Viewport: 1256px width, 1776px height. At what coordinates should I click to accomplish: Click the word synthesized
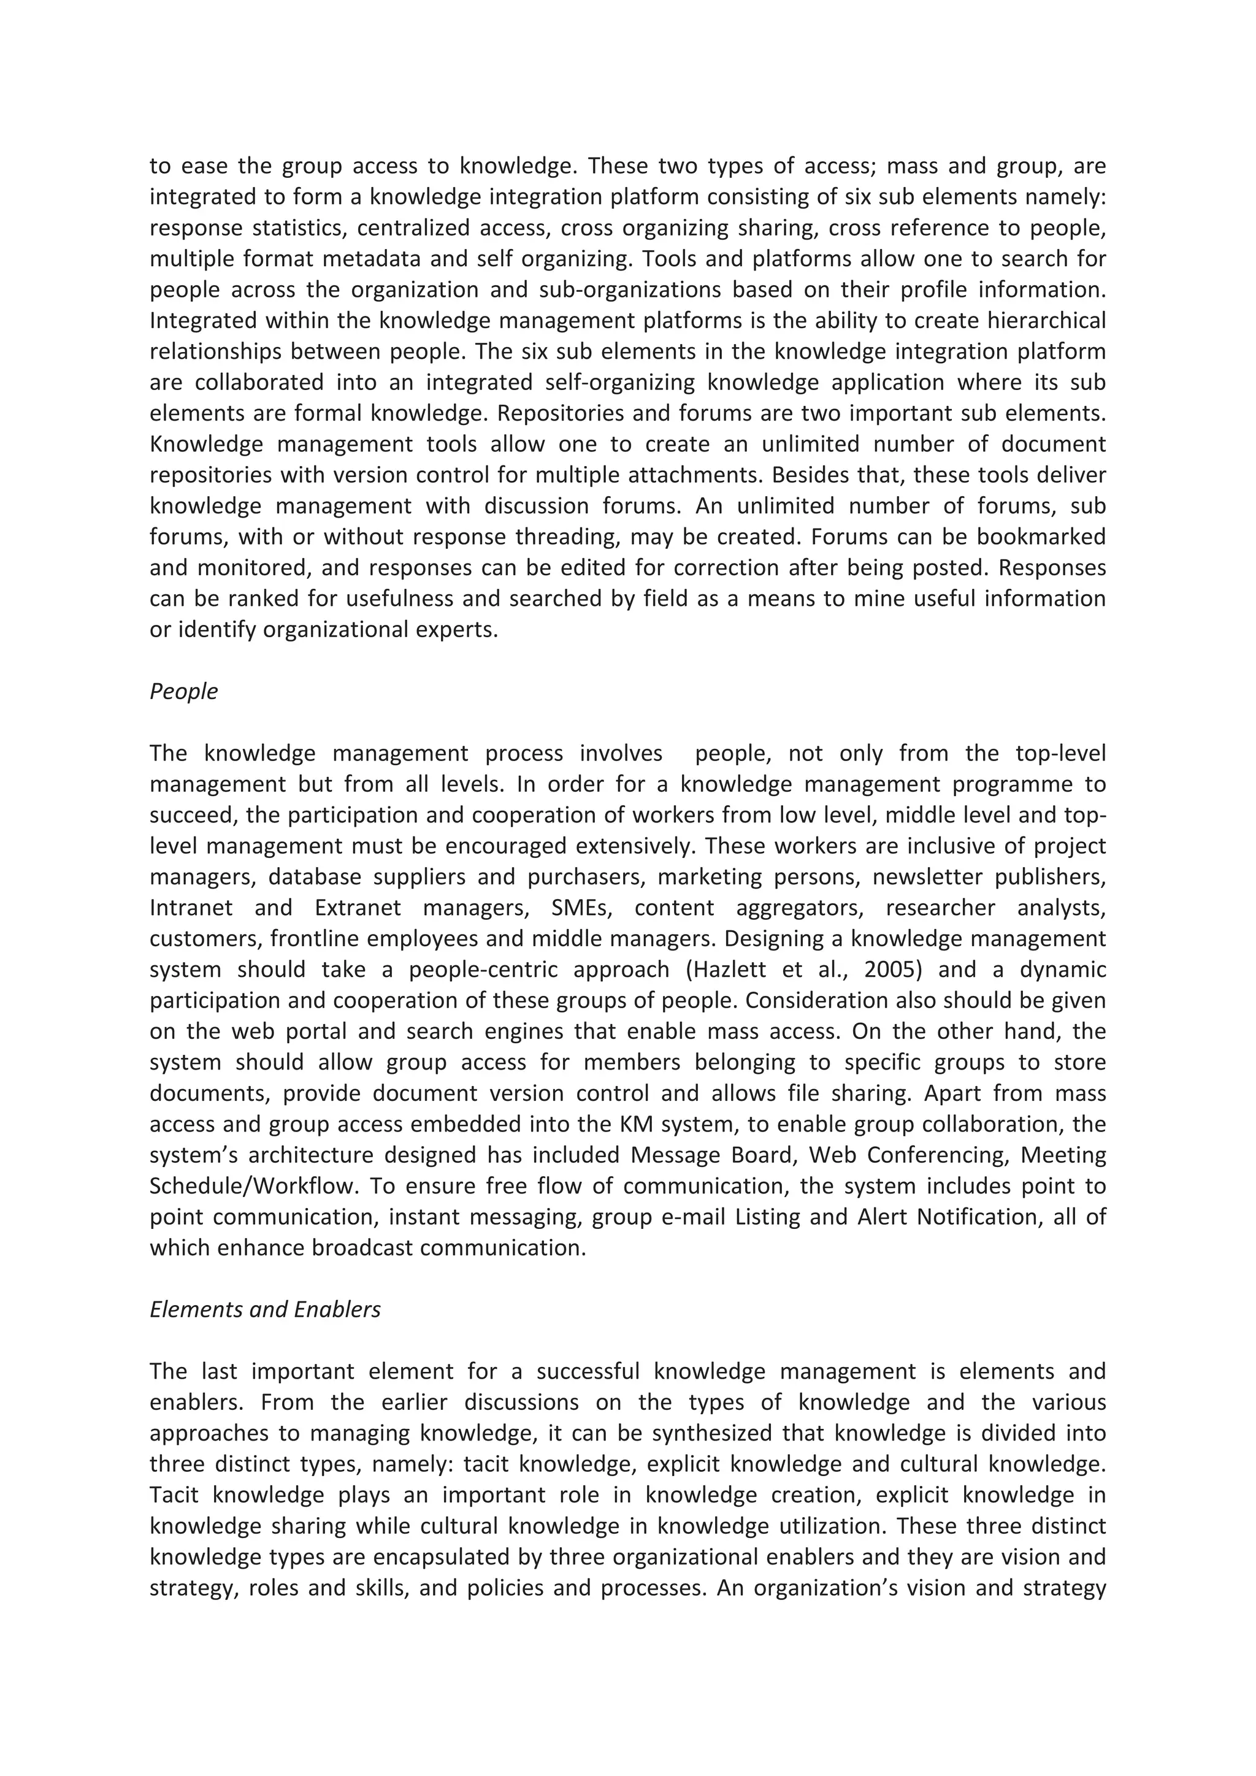712,1433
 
